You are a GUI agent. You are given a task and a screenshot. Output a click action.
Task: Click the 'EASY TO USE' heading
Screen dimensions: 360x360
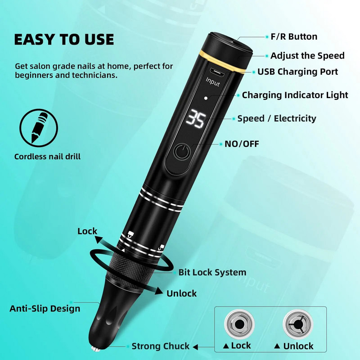pyautogui.click(x=64, y=39)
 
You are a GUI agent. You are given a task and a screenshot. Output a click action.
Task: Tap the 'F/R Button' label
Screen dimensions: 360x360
pyautogui.click(x=294, y=37)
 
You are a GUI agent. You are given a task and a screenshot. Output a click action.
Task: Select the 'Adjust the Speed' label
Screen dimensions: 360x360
pyautogui.click(x=307, y=56)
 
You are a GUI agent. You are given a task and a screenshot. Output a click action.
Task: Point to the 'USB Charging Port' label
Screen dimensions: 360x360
pyautogui.click(x=297, y=72)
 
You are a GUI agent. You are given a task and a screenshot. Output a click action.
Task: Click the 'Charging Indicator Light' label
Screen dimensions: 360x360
pyautogui.click(x=295, y=95)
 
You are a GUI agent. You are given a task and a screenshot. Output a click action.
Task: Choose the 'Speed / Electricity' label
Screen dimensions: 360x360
pyautogui.click(x=277, y=118)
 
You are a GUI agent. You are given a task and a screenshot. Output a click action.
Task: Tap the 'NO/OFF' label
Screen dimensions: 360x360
pyautogui.click(x=242, y=144)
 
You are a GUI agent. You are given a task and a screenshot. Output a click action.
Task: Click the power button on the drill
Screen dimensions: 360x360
pyautogui.click(x=182, y=152)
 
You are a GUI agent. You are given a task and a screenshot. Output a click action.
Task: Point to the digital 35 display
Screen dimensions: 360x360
pyautogui.click(x=196, y=119)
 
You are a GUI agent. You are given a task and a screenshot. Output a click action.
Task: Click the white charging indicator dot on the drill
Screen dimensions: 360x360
pyautogui.click(x=206, y=98)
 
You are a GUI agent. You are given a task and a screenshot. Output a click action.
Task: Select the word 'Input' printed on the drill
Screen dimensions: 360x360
pyautogui.click(x=213, y=82)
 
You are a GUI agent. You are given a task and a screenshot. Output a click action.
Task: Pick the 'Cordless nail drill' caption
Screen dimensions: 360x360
pyautogui.click(x=47, y=157)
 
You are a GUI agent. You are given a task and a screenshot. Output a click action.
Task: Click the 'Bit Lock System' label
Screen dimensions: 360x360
pyautogui.click(x=212, y=273)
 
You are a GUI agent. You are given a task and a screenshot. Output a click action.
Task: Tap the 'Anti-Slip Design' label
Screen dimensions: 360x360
pyautogui.click(x=45, y=308)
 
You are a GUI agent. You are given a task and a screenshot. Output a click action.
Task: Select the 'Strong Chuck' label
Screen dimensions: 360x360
pyautogui.click(x=161, y=346)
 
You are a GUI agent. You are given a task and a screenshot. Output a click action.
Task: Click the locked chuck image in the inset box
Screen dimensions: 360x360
pyautogui.click(x=239, y=324)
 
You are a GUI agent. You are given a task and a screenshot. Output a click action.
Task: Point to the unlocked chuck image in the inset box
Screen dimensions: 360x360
pyautogui.click(x=298, y=324)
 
